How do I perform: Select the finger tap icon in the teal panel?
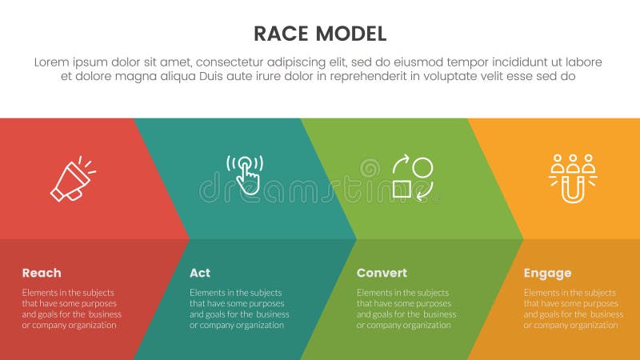click(x=246, y=174)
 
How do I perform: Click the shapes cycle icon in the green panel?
click(x=413, y=178)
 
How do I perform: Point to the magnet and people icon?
click(x=572, y=178)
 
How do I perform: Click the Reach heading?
click(x=42, y=273)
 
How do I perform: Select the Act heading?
click(x=200, y=273)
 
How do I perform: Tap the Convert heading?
click(x=382, y=273)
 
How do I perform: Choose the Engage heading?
click(x=547, y=273)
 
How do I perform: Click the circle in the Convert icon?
click(x=423, y=167)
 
